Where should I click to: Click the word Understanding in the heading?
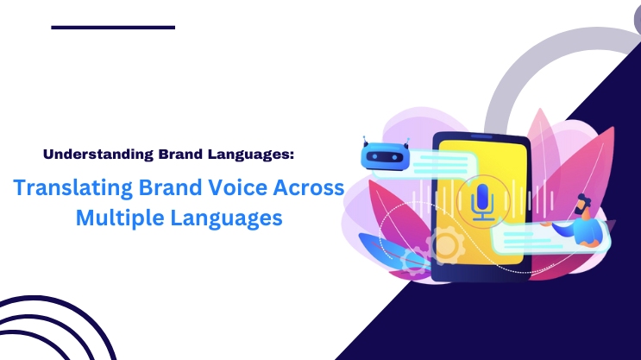pyautogui.click(x=98, y=155)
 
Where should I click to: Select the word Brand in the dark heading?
pyautogui.click(x=180, y=155)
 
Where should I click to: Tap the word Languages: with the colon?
pyautogui.click(x=250, y=155)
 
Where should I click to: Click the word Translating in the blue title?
pyautogui.click(x=72, y=188)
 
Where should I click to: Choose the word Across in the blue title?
pyautogui.click(x=309, y=187)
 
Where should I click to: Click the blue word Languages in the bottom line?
pyautogui.click(x=226, y=218)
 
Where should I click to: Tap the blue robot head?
pyautogui.click(x=385, y=156)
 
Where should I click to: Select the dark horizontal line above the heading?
pyautogui.click(x=113, y=28)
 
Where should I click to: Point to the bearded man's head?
pyautogui.click(x=583, y=205)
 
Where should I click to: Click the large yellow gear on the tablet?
pyautogui.click(x=446, y=244)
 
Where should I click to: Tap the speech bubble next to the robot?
pyautogui.click(x=433, y=164)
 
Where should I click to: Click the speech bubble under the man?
pyautogui.click(x=550, y=239)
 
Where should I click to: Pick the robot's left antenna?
pyautogui.click(x=365, y=141)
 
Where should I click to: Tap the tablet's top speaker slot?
pyautogui.click(x=482, y=136)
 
